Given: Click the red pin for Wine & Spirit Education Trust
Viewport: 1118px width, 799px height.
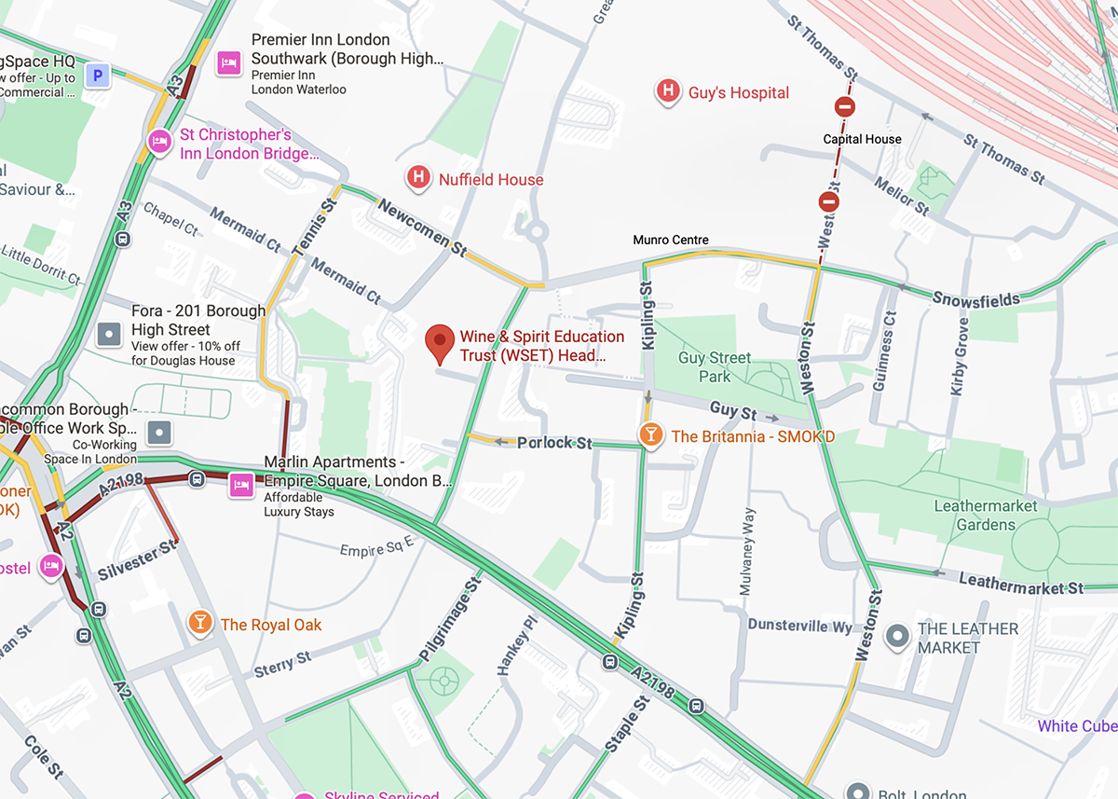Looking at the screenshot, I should tap(440, 342).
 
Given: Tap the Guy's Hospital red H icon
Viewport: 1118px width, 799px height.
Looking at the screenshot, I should tap(667, 91).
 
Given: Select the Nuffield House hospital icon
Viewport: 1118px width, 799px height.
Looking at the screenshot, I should tap(419, 177).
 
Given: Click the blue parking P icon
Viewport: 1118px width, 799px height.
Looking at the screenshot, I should tap(97, 76).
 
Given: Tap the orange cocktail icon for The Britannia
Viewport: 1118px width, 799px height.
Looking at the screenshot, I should tap(650, 434).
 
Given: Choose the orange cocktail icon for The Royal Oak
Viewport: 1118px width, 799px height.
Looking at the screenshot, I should tap(199, 623).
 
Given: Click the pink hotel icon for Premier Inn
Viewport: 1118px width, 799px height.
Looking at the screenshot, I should tap(229, 63).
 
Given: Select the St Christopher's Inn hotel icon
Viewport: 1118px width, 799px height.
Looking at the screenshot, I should tap(159, 142).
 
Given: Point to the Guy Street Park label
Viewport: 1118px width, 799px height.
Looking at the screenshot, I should tap(715, 367).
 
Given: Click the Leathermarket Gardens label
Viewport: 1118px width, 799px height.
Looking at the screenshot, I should tap(986, 516).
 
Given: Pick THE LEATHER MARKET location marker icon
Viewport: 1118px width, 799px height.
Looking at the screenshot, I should tap(897, 637).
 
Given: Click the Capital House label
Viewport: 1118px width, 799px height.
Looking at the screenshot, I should tap(862, 139).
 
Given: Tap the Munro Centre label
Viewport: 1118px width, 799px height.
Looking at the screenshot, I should tap(671, 240).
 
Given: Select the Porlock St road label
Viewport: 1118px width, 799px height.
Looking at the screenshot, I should tap(554, 443).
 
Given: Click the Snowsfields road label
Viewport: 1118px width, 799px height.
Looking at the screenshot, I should tap(975, 299).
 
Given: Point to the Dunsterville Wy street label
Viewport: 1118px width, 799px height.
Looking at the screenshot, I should tap(799, 626).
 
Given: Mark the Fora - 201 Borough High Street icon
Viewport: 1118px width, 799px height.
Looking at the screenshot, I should tap(110, 333).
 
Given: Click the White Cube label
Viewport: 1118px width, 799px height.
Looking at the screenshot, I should tap(1077, 726).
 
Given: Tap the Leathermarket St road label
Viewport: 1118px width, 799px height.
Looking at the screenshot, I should tap(1021, 584).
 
